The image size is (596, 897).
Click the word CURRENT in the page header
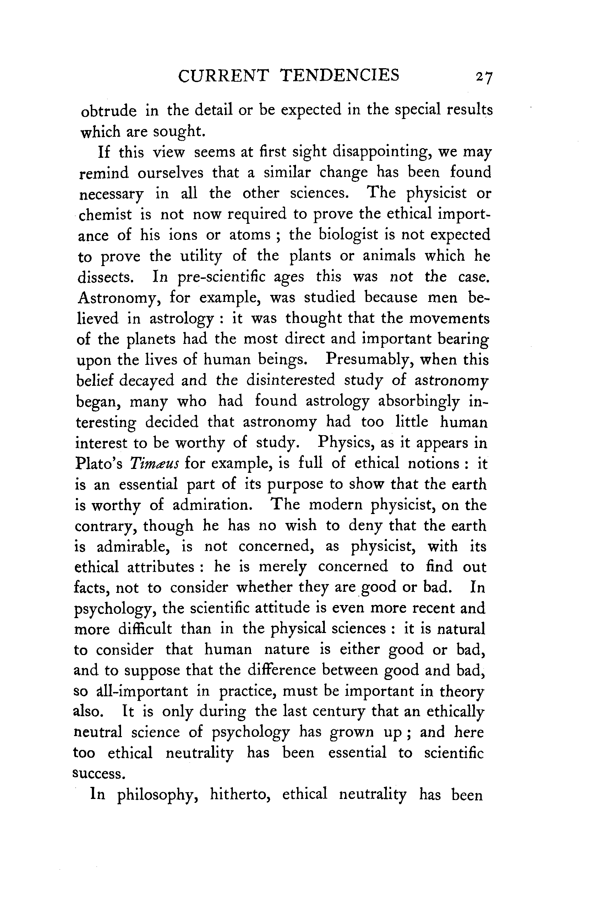point(224,75)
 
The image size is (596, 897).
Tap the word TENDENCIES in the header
point(339,75)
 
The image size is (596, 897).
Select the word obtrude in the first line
point(109,111)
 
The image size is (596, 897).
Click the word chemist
point(105,215)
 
